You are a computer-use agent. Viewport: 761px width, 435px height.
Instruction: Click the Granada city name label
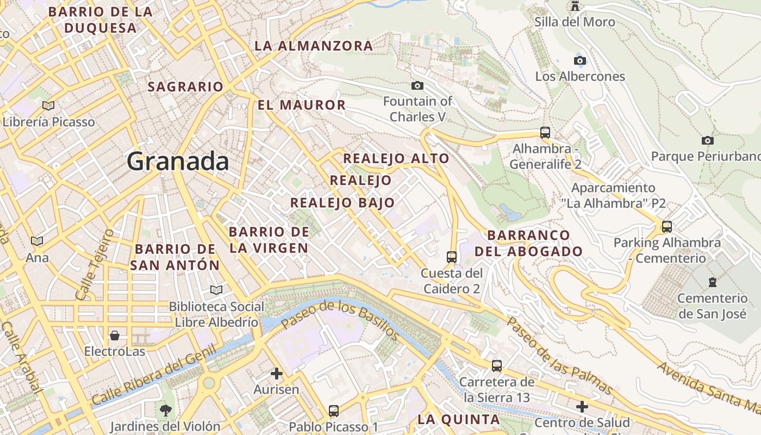point(178,162)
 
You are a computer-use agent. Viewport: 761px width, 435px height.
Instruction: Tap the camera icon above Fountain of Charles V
point(417,85)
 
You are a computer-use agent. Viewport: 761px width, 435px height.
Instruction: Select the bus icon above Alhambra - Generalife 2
point(545,132)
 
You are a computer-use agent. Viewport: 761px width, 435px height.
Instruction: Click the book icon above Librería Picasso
point(48,105)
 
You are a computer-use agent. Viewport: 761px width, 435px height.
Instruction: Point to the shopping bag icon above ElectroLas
point(115,335)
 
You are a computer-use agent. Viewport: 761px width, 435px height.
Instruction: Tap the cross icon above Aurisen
point(277,374)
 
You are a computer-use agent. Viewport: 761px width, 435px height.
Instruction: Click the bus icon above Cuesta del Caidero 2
point(451,257)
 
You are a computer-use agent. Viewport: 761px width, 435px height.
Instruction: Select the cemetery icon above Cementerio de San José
point(712,282)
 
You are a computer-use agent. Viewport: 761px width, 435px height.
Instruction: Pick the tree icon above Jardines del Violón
point(165,410)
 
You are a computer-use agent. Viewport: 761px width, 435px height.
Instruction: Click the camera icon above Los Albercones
point(580,60)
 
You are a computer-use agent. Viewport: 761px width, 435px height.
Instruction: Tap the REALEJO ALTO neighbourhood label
point(396,159)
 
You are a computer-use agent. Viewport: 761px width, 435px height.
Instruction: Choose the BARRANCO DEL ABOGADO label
point(528,243)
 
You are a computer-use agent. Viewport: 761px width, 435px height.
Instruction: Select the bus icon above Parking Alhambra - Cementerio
point(667,226)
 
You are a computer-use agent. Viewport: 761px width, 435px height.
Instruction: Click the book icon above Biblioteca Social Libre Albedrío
point(216,290)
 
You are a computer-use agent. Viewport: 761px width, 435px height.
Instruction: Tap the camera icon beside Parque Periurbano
point(707,140)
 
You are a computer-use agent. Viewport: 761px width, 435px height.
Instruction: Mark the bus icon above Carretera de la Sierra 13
point(496,366)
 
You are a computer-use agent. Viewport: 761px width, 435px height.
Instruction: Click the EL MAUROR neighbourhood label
point(302,105)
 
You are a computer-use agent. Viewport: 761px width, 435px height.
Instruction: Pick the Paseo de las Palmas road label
point(560,357)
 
